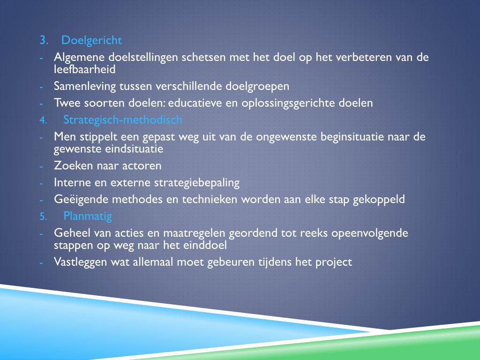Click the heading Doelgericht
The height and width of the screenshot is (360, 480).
pos(91,41)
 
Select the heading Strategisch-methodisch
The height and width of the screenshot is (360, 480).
pos(123,120)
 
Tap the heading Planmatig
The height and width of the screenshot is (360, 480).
pos(88,216)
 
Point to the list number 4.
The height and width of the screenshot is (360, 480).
pos(43,120)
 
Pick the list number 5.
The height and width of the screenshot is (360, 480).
pos(43,217)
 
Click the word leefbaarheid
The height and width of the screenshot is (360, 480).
pos(84,69)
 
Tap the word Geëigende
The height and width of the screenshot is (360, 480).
pos(81,199)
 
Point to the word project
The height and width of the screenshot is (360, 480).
pos(334,262)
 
